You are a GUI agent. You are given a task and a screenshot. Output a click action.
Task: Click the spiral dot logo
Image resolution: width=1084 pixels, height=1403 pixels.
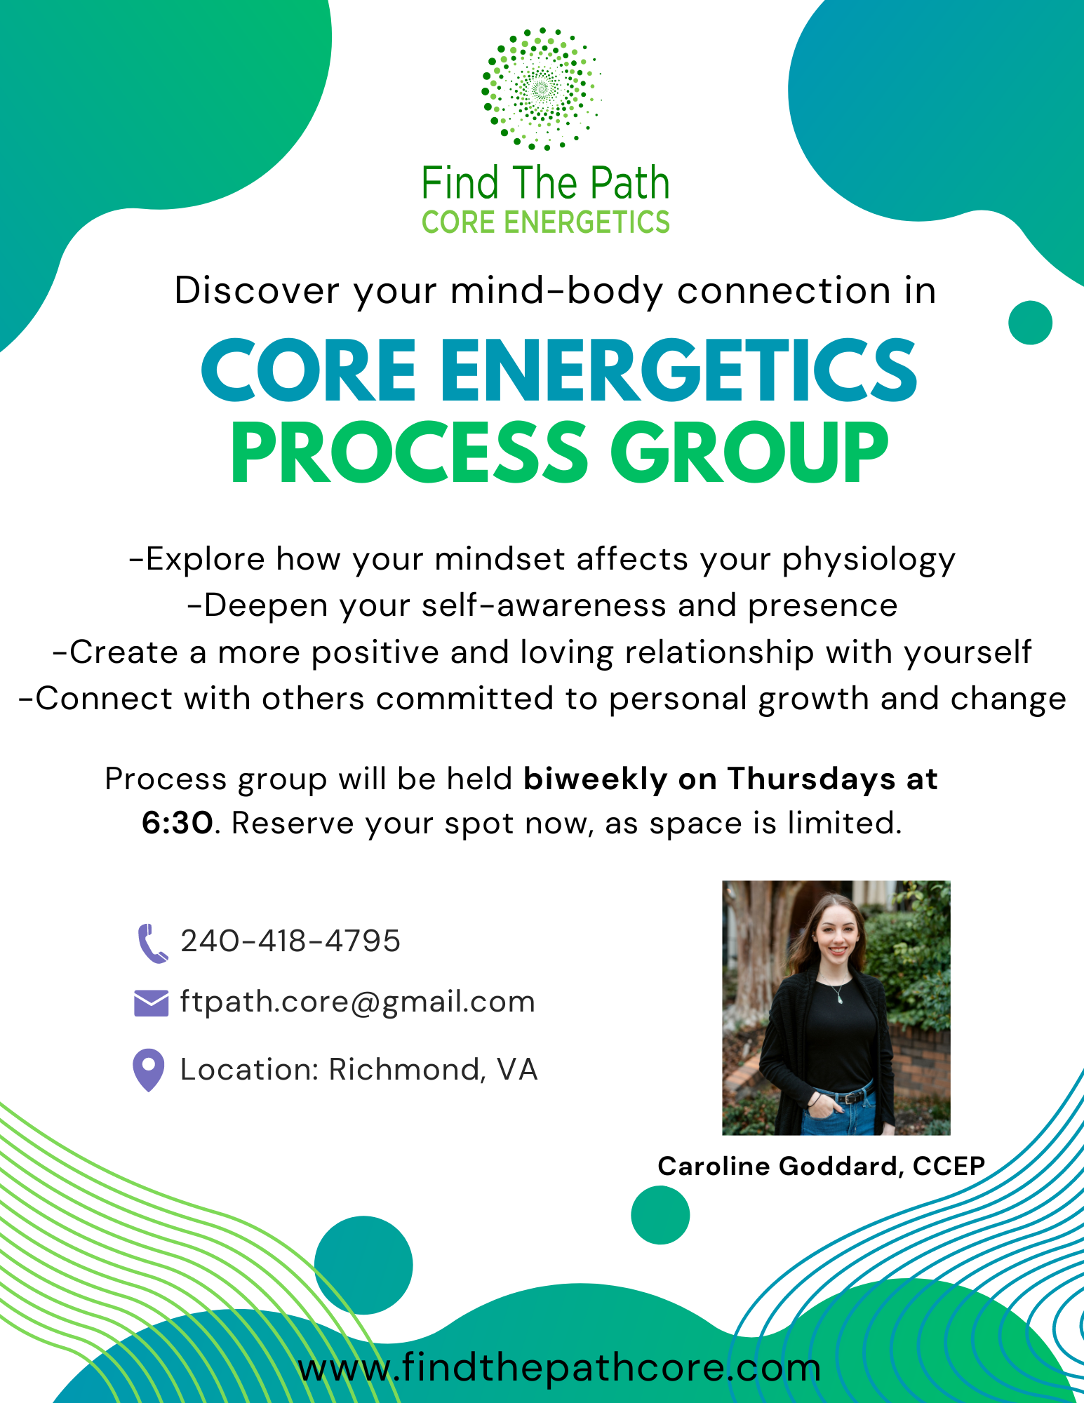click(x=541, y=89)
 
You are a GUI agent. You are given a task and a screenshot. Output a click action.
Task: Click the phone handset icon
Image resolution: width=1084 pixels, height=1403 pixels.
click(x=152, y=944)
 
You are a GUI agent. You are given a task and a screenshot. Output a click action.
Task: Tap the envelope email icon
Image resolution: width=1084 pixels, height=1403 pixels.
click(x=151, y=1003)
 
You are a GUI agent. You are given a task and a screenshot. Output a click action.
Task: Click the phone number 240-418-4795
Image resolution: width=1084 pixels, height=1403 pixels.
click(x=290, y=941)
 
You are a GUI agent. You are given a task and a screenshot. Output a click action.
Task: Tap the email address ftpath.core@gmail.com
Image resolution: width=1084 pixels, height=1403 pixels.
click(x=357, y=1002)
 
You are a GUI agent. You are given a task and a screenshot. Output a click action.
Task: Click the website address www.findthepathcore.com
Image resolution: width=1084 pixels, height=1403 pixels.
click(x=559, y=1367)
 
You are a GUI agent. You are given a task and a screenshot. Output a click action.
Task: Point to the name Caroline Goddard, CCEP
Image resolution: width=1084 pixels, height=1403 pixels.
click(x=822, y=1166)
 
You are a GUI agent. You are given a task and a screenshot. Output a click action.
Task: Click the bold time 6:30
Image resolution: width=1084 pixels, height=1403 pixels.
click(x=177, y=823)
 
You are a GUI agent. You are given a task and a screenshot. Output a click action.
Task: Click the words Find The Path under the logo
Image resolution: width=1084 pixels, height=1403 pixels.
click(x=545, y=183)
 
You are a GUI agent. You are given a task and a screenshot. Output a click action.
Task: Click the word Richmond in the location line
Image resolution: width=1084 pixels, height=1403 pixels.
click(x=404, y=1070)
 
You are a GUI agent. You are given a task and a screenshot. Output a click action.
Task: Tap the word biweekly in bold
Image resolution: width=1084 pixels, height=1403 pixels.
click(x=595, y=779)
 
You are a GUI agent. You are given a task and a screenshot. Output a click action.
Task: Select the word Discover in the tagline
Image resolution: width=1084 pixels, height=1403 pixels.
click(x=257, y=290)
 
